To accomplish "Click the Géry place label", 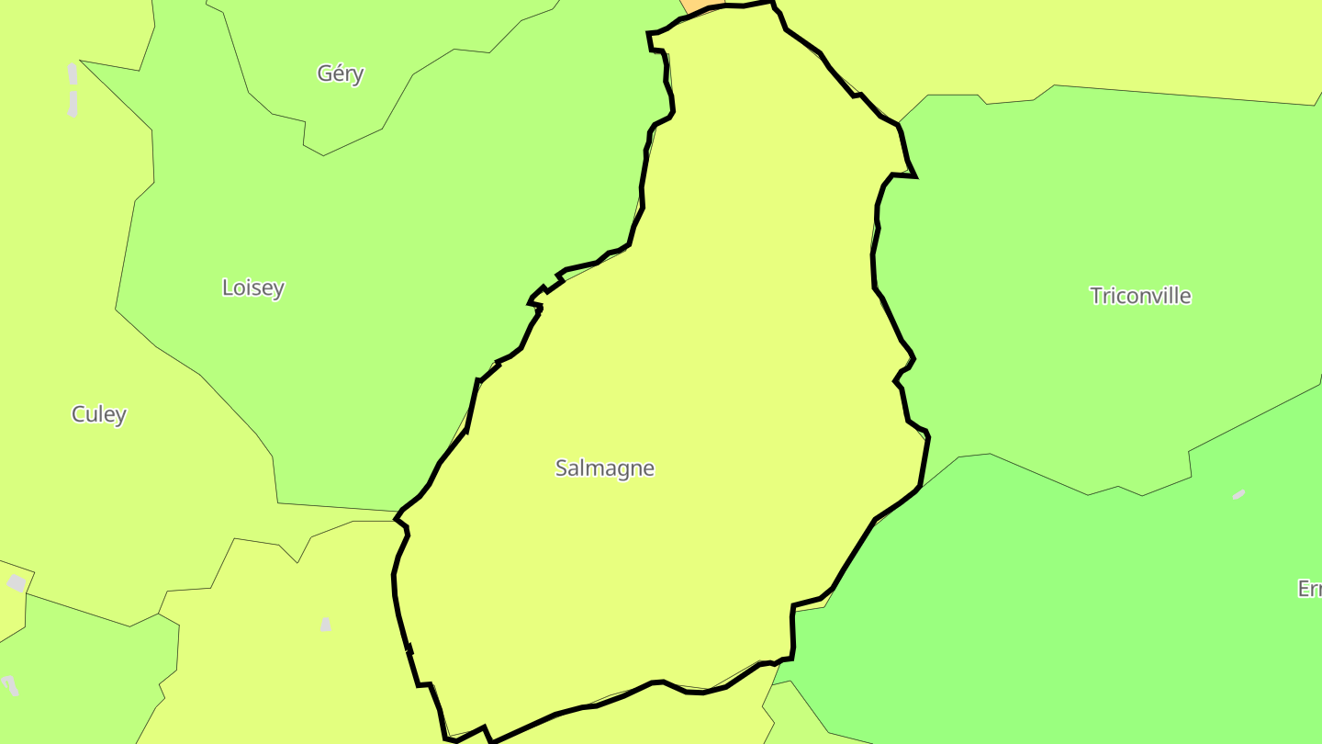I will [x=341, y=73].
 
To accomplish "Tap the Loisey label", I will [x=253, y=287].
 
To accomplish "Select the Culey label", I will [x=99, y=414].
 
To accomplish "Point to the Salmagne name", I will [x=605, y=468].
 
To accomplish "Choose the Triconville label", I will [x=1140, y=296].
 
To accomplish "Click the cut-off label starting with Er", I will [x=1309, y=589].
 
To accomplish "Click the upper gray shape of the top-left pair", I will [x=73, y=73].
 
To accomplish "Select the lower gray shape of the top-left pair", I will [x=73, y=104].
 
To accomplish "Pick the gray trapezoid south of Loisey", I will [x=326, y=625].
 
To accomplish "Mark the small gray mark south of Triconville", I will [x=1238, y=495].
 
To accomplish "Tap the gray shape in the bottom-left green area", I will [x=10, y=685].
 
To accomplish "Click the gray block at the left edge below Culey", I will [x=17, y=583].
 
